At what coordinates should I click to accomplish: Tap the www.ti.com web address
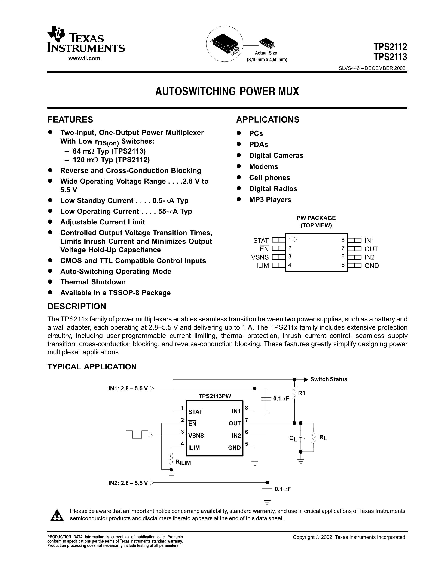(x=84, y=58)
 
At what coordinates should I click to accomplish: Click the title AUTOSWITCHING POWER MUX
(x=227, y=91)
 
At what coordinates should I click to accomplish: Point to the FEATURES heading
(x=70, y=120)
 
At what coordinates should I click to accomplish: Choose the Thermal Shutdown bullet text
(x=93, y=282)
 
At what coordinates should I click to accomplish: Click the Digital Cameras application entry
(x=276, y=156)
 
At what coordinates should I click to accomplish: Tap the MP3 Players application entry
(x=270, y=200)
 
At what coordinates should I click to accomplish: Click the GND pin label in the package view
(x=371, y=266)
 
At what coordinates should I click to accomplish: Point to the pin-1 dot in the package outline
(x=295, y=239)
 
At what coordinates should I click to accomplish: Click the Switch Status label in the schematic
(x=329, y=379)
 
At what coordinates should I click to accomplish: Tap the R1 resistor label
(x=302, y=393)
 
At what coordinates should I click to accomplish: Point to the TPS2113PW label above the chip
(x=215, y=396)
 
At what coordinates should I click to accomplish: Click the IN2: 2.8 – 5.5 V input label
(x=128, y=483)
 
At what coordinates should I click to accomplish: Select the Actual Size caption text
(x=266, y=53)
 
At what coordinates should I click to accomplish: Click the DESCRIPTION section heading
(x=77, y=306)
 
